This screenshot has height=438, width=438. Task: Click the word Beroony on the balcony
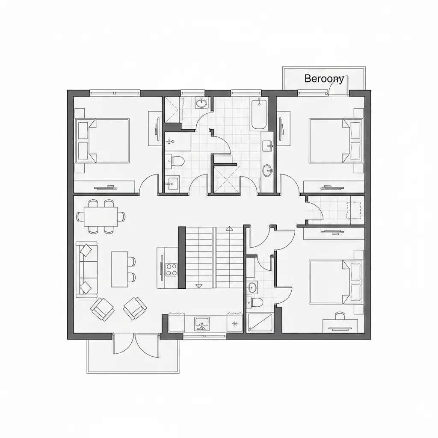(324, 79)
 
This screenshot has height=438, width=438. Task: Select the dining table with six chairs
(101, 216)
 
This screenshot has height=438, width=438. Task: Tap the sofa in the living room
(87, 269)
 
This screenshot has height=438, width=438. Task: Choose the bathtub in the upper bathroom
(258, 114)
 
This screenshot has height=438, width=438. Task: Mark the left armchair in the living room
(102, 308)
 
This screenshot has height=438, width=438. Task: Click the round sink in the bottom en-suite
(252, 287)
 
